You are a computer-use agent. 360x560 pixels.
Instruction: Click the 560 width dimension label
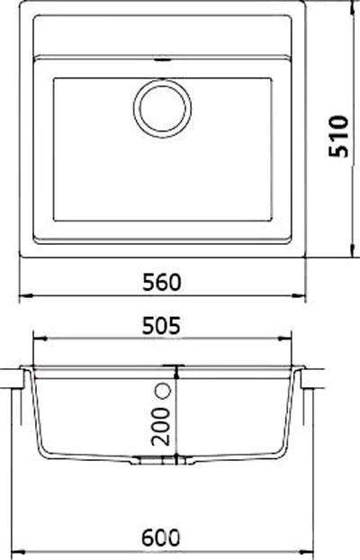pyautogui.click(x=162, y=282)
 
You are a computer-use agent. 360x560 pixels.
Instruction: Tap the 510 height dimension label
pyautogui.click(x=338, y=136)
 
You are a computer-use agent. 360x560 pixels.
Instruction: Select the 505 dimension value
pyautogui.click(x=161, y=326)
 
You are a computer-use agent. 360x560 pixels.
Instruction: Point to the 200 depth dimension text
pyautogui.click(x=161, y=427)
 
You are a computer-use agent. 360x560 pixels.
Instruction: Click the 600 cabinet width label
pyautogui.click(x=161, y=537)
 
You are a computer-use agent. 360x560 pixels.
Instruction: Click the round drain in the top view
pyautogui.click(x=163, y=108)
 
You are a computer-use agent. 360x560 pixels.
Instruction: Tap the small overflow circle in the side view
pyautogui.click(x=163, y=391)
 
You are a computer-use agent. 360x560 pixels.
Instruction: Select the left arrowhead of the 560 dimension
pyautogui.click(x=26, y=295)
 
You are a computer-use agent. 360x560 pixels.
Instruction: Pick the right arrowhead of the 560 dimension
pyautogui.click(x=300, y=295)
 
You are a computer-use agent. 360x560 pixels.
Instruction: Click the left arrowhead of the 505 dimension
pyautogui.click(x=40, y=339)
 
